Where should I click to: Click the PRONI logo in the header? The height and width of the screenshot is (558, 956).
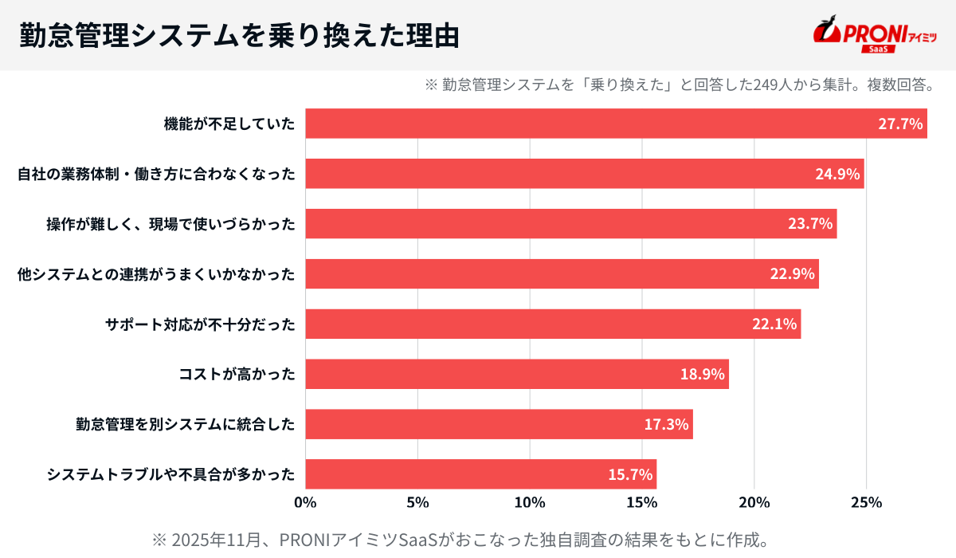tap(875, 35)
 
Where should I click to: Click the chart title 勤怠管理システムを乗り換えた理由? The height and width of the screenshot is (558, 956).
tap(239, 35)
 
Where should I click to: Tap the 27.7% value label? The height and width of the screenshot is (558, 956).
tap(899, 124)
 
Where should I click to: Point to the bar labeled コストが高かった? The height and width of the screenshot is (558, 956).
tap(517, 374)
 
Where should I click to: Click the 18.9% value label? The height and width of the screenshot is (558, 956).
tap(702, 374)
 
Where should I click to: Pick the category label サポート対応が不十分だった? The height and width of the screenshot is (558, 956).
tap(200, 324)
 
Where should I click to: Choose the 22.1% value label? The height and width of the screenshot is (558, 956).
tap(774, 324)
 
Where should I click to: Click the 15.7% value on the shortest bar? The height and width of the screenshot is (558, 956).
tap(630, 474)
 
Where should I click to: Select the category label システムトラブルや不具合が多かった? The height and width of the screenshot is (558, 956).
tap(170, 474)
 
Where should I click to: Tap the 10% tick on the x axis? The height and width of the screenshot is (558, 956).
tap(530, 503)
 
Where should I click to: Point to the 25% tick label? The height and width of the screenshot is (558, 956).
tap(866, 503)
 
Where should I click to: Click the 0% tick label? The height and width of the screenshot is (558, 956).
tap(306, 503)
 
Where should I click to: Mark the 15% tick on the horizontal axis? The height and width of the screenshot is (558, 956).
tap(642, 503)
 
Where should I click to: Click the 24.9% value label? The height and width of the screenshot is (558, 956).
tap(837, 174)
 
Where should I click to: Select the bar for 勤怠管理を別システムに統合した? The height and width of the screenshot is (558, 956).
tap(499, 424)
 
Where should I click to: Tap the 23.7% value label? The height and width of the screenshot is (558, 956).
tap(810, 224)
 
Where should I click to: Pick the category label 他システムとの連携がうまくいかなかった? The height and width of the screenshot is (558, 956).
tap(156, 274)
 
